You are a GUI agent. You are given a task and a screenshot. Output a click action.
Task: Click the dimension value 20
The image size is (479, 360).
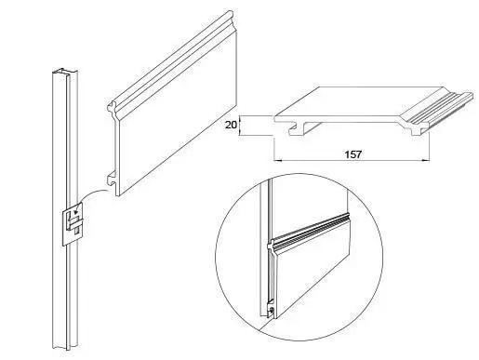click(231, 125)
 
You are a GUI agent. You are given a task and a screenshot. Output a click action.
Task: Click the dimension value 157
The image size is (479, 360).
click(353, 154)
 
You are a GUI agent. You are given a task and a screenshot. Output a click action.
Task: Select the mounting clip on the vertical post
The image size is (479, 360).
click(73, 224)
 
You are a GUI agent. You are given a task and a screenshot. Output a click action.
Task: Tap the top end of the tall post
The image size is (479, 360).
click(64, 72)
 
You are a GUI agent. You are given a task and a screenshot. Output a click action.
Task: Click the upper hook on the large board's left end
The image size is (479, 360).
click(112, 107)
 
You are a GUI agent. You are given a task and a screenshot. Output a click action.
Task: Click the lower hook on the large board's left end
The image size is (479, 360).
click(112, 179)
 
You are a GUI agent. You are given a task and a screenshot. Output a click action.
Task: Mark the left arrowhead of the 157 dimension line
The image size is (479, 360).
click(277, 160)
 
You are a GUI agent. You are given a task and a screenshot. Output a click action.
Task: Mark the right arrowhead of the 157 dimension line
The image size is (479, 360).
click(426, 160)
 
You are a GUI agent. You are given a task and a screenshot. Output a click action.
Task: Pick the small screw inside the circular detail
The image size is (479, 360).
click(272, 310)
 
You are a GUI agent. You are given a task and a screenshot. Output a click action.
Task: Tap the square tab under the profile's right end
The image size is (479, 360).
click(416, 131)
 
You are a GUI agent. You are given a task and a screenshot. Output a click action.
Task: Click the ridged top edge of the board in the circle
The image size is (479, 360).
click(310, 230)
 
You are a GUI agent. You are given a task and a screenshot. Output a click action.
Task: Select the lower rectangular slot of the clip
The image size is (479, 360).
click(77, 231)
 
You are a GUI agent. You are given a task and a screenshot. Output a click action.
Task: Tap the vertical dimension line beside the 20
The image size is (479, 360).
click(240, 126)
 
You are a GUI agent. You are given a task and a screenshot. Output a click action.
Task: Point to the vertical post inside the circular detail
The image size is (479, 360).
click(266, 248)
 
